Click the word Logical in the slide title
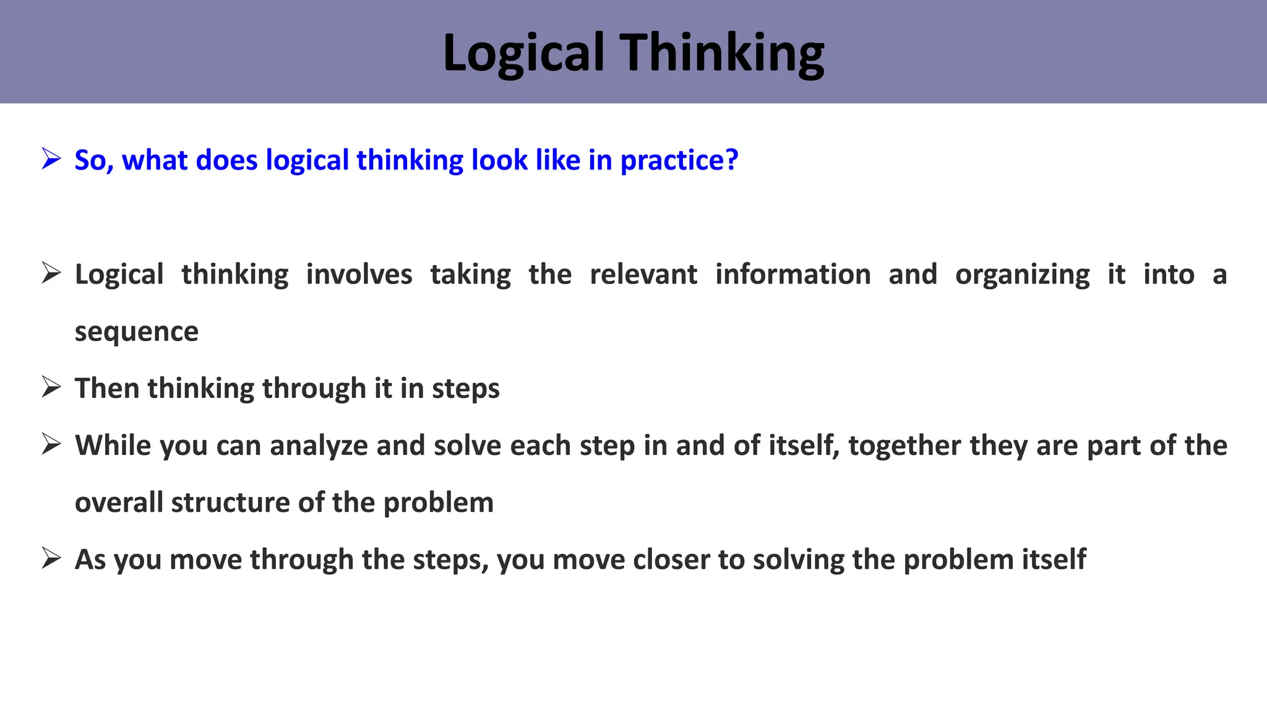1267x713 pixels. [523, 53]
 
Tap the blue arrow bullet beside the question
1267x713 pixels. [51, 158]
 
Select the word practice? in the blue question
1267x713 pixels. [679, 160]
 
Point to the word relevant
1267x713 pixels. [643, 274]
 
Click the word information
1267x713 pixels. [792, 274]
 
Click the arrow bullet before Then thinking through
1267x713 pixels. [51, 387]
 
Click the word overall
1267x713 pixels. [119, 502]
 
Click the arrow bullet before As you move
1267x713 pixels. [51, 558]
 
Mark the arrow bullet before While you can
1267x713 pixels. [51, 444]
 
